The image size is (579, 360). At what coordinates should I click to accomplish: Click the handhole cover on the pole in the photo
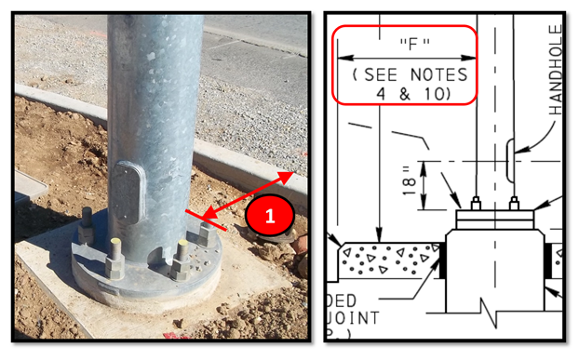pyautogui.click(x=129, y=192)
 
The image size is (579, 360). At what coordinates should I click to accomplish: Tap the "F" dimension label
pyautogui.click(x=405, y=44)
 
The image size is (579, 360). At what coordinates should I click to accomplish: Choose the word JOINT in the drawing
pyautogui.click(x=355, y=318)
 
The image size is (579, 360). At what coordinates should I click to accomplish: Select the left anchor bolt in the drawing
pyautogui.click(x=476, y=204)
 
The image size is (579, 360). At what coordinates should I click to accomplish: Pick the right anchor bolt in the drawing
pyautogui.click(x=515, y=204)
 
